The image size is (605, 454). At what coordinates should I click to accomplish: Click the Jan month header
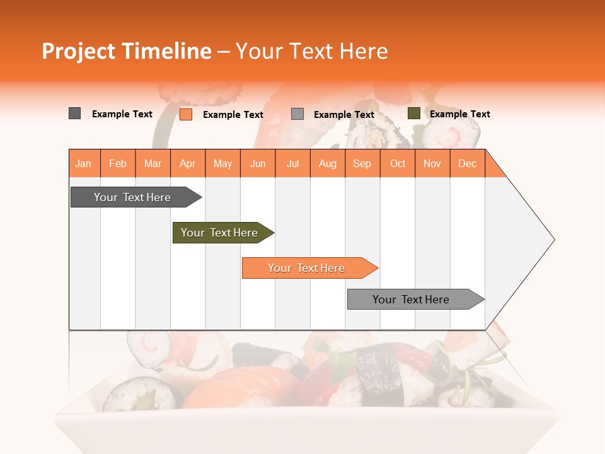(84, 164)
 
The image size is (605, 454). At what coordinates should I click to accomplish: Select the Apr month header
(188, 164)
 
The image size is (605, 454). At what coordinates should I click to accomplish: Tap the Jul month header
(293, 164)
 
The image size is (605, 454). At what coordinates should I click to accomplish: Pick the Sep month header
(362, 164)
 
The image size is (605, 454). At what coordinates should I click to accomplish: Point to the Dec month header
(467, 164)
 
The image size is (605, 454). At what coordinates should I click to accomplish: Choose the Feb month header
(118, 164)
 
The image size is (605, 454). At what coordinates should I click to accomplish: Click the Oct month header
(398, 164)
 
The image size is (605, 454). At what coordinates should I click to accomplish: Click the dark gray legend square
(75, 113)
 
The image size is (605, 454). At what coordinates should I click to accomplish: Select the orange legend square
(186, 114)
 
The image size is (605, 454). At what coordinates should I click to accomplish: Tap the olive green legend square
(414, 113)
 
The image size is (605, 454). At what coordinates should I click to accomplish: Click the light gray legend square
(297, 114)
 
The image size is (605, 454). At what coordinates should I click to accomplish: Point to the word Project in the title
(78, 51)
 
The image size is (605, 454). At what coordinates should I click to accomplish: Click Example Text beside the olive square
(459, 114)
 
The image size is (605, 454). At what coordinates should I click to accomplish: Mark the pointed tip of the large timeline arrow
(553, 239)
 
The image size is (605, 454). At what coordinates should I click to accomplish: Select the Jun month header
(258, 164)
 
